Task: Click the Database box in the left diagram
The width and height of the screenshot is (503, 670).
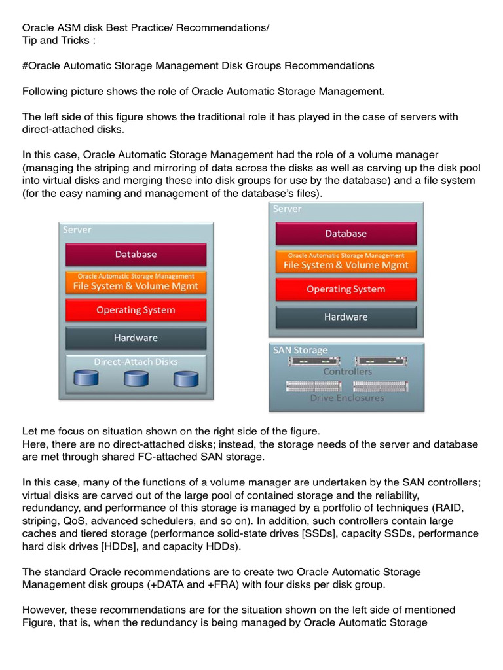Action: (136, 254)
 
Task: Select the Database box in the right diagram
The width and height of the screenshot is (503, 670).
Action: (346, 234)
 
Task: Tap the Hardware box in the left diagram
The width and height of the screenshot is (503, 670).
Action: (136, 338)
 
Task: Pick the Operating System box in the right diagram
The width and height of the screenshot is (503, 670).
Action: (346, 289)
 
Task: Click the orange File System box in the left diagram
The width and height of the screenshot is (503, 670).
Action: (136, 283)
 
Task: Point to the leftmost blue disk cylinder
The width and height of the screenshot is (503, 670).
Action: (86, 379)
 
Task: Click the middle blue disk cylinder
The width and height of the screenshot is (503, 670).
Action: (136, 379)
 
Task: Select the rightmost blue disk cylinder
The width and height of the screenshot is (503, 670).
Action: (185, 379)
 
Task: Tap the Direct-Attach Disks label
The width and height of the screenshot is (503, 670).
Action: (136, 361)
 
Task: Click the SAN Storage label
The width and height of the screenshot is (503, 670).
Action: (301, 350)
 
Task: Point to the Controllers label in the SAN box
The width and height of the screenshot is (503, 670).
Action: (346, 372)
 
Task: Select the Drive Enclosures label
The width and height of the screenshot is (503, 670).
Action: (346, 397)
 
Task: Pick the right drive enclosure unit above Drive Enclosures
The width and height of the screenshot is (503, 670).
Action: (380, 386)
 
